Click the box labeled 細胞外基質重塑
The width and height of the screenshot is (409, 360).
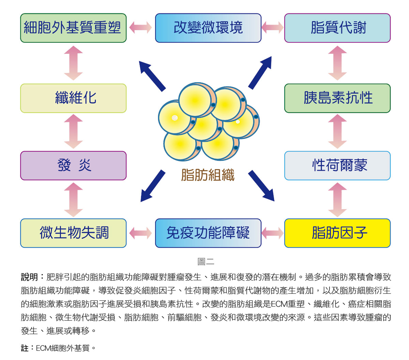(73, 28)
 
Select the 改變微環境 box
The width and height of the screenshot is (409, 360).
(208, 28)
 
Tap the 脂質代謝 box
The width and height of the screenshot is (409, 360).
(337, 28)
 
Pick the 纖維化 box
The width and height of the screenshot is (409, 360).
(73, 98)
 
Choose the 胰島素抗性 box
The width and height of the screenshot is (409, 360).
(337, 98)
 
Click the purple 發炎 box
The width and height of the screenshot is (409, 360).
(73, 166)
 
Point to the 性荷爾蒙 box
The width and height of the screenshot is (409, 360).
(337, 166)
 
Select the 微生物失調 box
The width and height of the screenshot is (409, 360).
(73, 233)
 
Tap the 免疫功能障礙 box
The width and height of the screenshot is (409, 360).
(208, 233)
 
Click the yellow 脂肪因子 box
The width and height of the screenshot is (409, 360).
(337, 233)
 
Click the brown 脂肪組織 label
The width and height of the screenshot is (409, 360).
(208, 175)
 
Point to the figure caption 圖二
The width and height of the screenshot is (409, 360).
(206, 261)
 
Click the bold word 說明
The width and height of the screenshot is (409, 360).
(29, 277)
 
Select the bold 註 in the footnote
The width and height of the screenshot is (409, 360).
(25, 348)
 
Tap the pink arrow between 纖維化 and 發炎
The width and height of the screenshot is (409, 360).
(73, 131)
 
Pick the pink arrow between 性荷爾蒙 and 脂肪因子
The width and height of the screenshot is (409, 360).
(337, 200)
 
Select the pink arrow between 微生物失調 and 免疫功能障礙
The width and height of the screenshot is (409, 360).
(140, 233)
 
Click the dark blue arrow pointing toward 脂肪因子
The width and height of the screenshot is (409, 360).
(261, 186)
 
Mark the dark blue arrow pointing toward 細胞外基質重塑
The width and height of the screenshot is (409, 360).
(152, 76)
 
